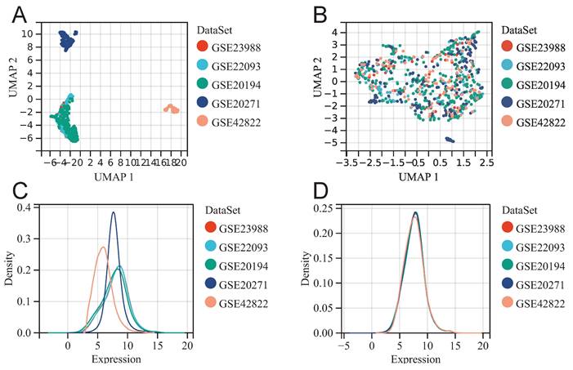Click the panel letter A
click(x=18, y=14)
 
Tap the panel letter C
click(x=18, y=194)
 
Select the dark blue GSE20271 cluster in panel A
click(x=66, y=40)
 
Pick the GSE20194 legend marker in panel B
click(x=506, y=85)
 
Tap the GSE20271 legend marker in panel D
click(x=506, y=285)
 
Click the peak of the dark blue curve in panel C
click(x=113, y=213)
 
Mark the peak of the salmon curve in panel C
click(x=103, y=247)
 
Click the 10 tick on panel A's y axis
click(x=27, y=33)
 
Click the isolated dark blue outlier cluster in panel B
click(x=448, y=140)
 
